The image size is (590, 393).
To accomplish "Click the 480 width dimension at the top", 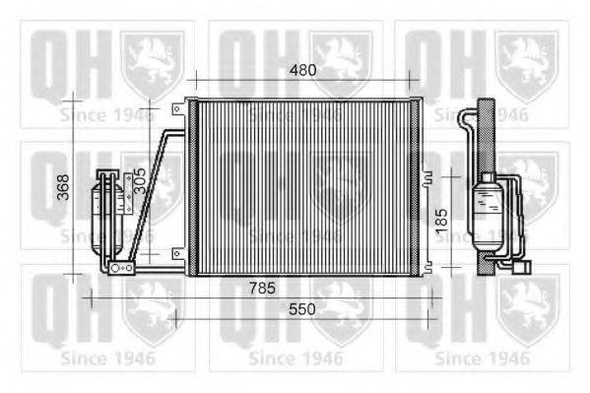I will pyautogui.click(x=302, y=70).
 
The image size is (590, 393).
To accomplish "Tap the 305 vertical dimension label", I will pyautogui.click(x=140, y=178).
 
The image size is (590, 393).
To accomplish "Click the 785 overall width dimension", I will pyautogui.click(x=260, y=288).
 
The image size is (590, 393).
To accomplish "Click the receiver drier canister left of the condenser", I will pyautogui.click(x=105, y=204).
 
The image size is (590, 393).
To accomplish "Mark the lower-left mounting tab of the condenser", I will pyautogui.click(x=177, y=254).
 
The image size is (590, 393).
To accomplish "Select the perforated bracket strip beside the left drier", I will pyautogui.click(x=128, y=196).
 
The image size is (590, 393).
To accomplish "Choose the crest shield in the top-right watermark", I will pyautogui.click(x=527, y=63).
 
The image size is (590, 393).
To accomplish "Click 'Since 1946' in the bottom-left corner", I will pyautogui.click(x=105, y=358).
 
